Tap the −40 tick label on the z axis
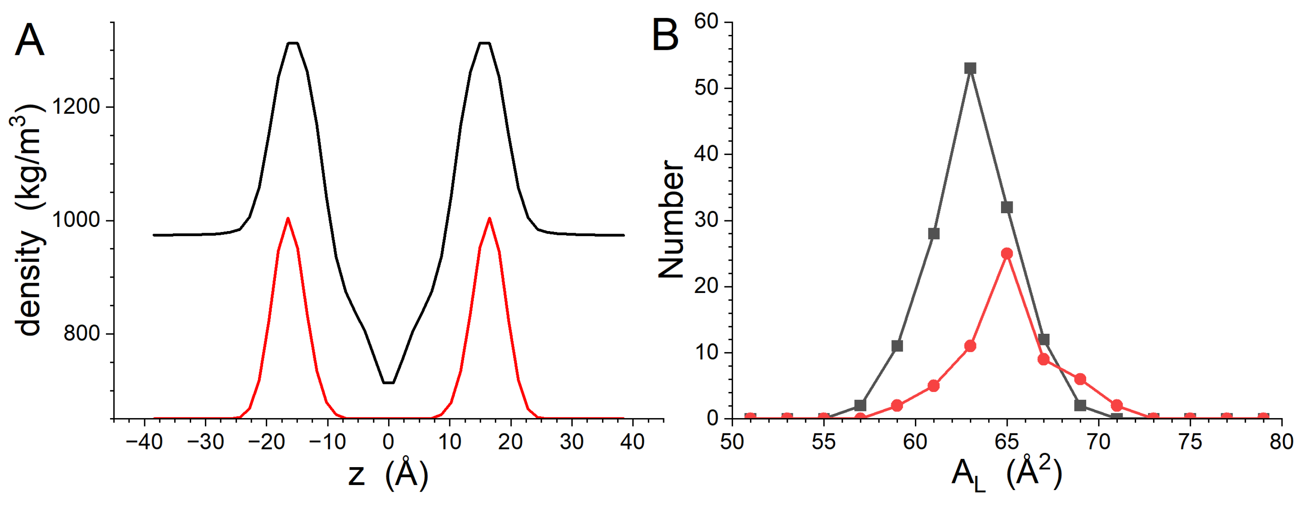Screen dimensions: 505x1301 (x=144, y=442)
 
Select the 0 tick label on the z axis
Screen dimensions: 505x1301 (x=388, y=442)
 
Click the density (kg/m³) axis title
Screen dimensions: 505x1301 (x=28, y=220)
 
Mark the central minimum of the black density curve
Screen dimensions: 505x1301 (x=388, y=382)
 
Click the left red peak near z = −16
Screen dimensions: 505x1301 (x=288, y=219)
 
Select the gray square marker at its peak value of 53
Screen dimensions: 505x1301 (x=970, y=68)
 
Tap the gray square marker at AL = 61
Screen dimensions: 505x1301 (x=934, y=234)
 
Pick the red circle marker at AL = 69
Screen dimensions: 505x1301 (x=1080, y=379)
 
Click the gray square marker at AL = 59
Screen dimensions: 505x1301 (x=897, y=346)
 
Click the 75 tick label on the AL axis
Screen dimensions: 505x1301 (x=1190, y=442)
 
